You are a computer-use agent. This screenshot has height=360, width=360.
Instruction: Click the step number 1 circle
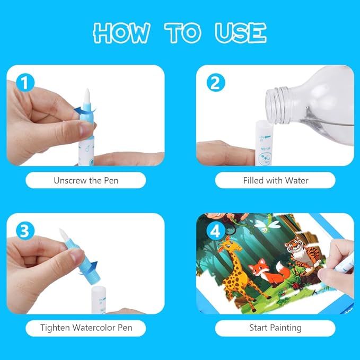click(x=25, y=83)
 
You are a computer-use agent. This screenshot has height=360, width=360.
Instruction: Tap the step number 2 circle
click(x=216, y=83)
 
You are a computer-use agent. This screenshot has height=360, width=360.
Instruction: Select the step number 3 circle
click(x=25, y=231)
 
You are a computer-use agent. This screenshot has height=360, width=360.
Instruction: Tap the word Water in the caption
click(x=296, y=180)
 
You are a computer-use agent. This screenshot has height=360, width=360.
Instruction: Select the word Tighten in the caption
click(x=55, y=328)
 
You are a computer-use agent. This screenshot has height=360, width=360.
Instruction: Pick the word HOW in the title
click(x=122, y=32)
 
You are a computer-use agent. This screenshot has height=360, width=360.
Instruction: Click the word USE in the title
click(x=241, y=32)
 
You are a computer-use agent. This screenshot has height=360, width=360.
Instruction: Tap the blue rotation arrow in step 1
click(x=85, y=110)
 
